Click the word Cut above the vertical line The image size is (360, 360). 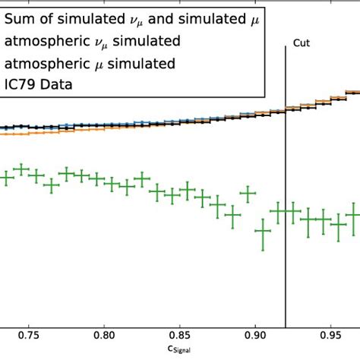[302, 45]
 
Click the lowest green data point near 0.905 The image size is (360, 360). [263, 230]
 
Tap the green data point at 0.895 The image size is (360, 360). [248, 194]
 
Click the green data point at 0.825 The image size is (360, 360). [141, 181]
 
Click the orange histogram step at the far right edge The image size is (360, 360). [352, 93]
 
